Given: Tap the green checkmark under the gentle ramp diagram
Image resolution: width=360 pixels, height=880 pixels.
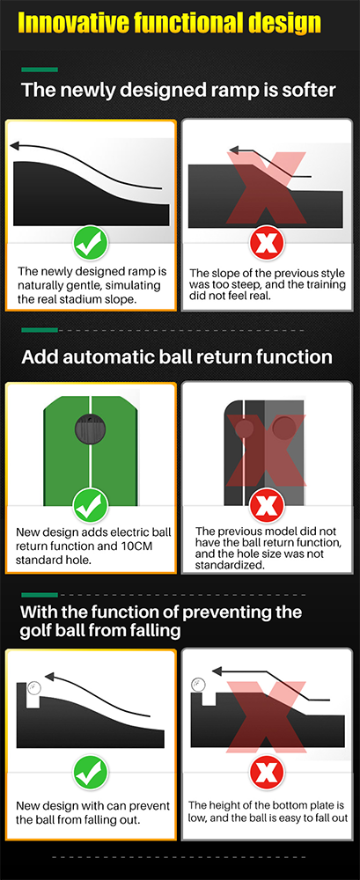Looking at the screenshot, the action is pos(91,243).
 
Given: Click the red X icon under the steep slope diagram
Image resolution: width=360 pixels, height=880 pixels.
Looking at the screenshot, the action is pos(267,243).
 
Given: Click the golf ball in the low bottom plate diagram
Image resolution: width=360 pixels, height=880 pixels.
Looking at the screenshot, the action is pos(198,684).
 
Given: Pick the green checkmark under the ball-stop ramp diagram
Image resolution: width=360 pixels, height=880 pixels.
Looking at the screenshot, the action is pos(91,772).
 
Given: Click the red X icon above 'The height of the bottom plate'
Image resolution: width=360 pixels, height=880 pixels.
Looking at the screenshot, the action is pos(267,772).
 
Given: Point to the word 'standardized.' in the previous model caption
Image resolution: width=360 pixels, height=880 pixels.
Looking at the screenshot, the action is pos(231,565).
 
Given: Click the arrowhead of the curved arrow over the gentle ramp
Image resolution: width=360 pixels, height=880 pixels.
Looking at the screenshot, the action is pos(16,146).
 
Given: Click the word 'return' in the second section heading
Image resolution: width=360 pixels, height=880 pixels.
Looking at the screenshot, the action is pos(205,357).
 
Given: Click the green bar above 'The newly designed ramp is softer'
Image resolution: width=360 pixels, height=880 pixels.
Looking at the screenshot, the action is pos(40,70).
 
